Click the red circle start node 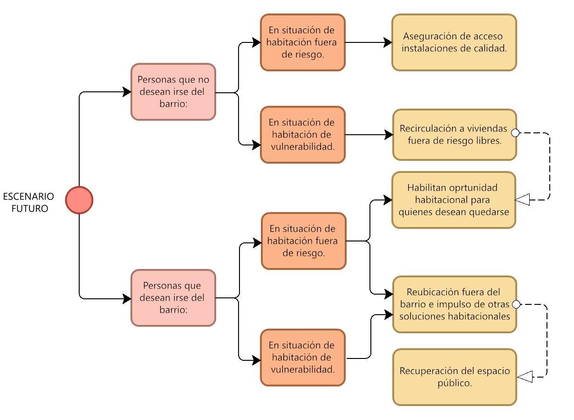click(79, 200)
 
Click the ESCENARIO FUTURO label click(29, 202)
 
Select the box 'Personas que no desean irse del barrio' click(173, 92)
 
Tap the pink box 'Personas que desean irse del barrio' click(173, 297)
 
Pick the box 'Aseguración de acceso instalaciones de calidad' click(454, 42)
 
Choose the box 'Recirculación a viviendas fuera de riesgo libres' click(454, 135)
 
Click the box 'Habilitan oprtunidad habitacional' click(454, 200)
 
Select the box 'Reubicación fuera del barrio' click(454, 304)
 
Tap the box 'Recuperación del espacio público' click(454, 377)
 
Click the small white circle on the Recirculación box click(515, 133)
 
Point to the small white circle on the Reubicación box click(516, 305)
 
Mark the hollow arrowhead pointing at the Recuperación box click(525, 377)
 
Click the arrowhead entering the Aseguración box click(388, 42)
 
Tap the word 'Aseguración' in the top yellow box click(428, 36)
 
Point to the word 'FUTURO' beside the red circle click(30, 208)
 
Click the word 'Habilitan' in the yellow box click(426, 188)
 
